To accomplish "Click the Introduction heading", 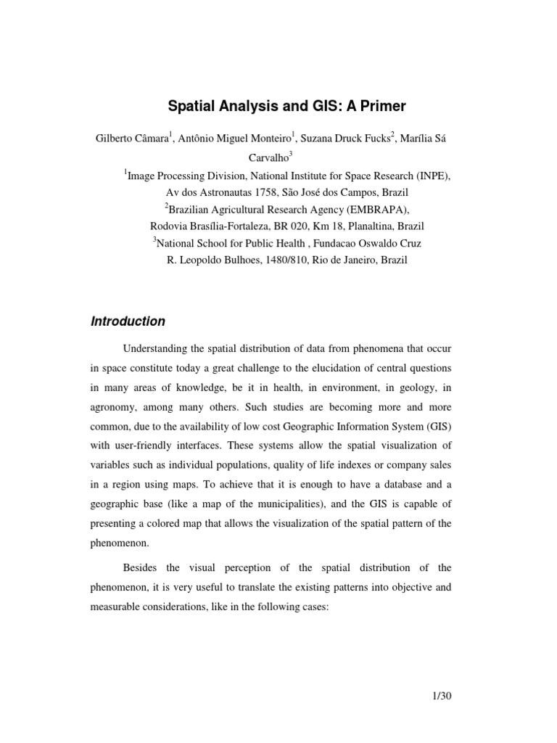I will (128, 321).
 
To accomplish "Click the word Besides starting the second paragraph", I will (141, 547).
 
